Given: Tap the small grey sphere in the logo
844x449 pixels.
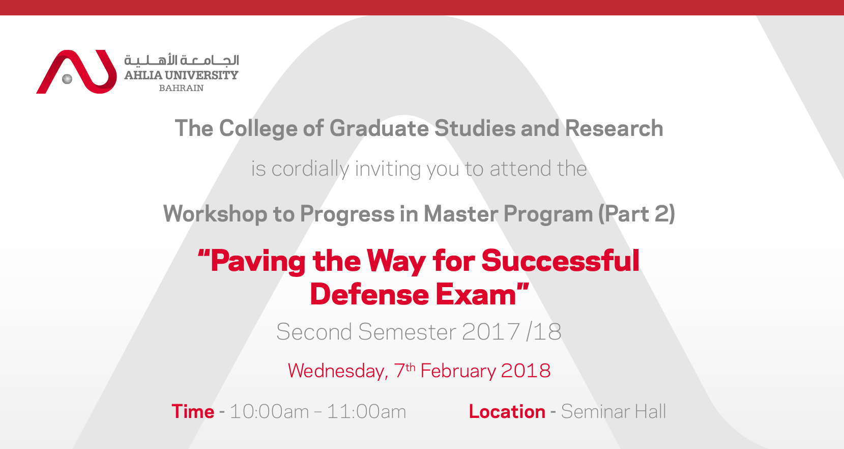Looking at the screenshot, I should (67, 79).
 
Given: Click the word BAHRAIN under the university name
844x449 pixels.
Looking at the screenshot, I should (181, 88).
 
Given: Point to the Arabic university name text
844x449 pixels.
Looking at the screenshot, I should (182, 60).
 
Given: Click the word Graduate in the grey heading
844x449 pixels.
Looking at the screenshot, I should (380, 128).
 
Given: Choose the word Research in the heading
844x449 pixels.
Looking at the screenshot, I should (614, 128).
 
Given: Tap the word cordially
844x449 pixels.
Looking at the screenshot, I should (310, 169).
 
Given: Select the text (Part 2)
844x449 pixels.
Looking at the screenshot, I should (636, 214).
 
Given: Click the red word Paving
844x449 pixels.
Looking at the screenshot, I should (258, 261).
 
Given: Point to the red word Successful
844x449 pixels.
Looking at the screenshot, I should (560, 261).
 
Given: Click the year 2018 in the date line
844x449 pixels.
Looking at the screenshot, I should (526, 371).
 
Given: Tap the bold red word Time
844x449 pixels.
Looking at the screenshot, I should (193, 411).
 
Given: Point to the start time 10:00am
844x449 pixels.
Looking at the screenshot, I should (269, 411).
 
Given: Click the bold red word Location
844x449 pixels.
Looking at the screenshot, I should (507, 411).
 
